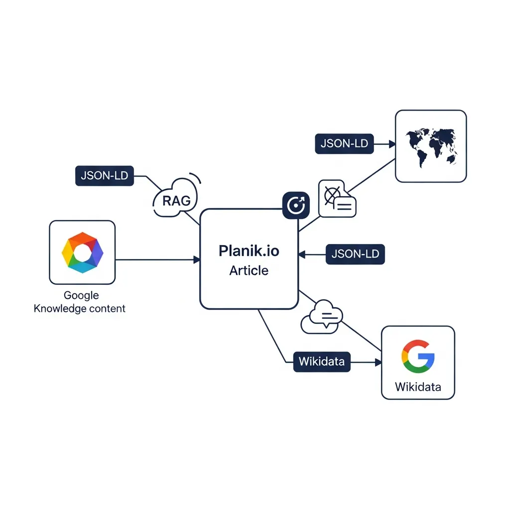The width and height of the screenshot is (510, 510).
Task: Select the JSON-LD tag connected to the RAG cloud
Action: [105, 176]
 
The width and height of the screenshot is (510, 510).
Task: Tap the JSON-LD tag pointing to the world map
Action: [344, 143]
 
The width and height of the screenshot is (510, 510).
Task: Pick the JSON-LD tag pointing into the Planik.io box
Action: [355, 254]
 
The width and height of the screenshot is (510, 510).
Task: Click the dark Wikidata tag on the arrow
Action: [321, 361]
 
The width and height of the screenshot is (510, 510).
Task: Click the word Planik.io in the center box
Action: [249, 251]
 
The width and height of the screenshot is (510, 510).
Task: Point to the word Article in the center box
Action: [249, 271]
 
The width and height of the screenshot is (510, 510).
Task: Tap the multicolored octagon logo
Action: [82, 253]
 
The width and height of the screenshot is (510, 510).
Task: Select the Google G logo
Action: [417, 356]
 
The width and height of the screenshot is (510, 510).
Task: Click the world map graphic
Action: [431, 145]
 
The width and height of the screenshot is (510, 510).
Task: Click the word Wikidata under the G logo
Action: [417, 386]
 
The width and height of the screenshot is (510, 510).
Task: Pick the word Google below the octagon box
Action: [81, 295]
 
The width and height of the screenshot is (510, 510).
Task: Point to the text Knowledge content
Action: [80, 308]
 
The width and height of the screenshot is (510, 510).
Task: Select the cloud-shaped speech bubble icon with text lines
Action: [321, 317]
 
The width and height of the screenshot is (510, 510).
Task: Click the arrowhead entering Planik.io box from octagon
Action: [197, 259]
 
